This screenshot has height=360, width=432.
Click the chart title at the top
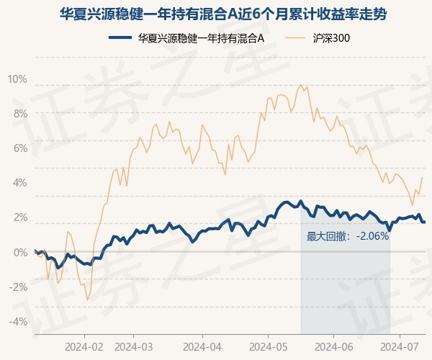216,13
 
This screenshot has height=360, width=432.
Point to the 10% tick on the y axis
17,78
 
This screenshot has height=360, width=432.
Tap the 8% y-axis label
19,113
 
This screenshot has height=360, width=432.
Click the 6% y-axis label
19,148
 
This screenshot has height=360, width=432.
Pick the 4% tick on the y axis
19,182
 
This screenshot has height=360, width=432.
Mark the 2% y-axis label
19,217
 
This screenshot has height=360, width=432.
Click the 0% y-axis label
19,252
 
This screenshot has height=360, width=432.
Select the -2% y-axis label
18,287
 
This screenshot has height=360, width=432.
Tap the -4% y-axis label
18,321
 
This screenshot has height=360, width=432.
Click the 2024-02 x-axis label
84,346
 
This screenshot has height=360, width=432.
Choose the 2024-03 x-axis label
135,346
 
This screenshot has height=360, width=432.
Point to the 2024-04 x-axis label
202,346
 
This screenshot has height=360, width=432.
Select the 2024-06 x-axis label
333,346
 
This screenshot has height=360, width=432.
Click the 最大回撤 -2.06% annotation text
348,235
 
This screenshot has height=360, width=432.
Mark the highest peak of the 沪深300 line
300,85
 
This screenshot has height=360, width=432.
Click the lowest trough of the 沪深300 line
87,300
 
